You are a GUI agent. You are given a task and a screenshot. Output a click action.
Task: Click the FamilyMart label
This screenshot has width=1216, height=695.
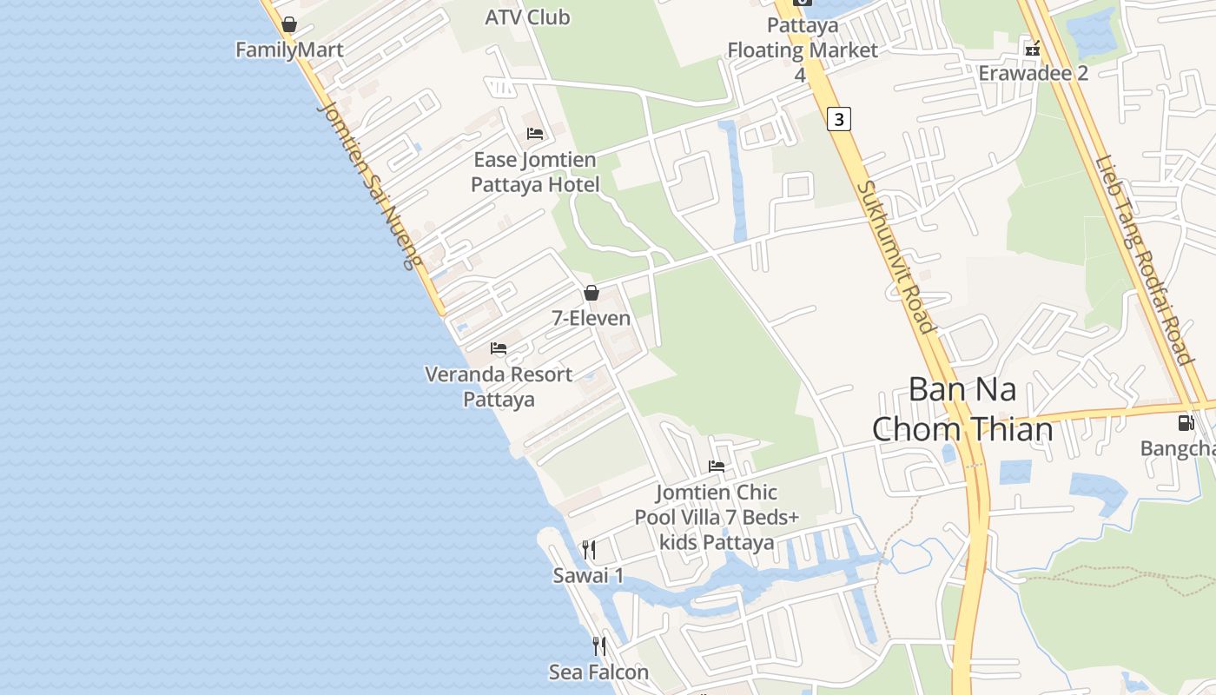pos(289,50)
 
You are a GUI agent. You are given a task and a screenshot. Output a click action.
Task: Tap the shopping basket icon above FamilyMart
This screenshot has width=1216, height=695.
pos(289,24)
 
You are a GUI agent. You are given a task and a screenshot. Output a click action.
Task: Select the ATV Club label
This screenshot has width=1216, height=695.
pos(527,17)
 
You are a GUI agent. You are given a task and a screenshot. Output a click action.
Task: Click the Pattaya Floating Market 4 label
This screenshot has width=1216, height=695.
pos(802,50)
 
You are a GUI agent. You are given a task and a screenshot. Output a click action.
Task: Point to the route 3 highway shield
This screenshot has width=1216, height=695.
pos(838,119)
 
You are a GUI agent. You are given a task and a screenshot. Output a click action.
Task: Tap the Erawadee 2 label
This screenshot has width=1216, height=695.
pos(1033,73)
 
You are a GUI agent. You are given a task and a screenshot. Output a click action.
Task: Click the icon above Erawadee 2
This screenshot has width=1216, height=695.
pos(1033,49)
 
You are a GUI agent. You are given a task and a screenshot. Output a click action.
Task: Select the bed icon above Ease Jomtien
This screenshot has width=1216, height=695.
pos(535,134)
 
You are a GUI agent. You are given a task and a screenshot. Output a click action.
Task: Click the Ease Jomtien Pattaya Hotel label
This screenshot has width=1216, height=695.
pos(535,172)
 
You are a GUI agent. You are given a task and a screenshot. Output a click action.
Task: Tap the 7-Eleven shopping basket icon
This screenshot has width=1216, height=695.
pos(591,293)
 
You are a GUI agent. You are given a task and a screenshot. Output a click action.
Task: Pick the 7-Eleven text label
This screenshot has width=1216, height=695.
pos(591,318)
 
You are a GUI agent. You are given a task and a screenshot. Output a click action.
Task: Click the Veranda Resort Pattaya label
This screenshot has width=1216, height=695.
pos(499,387)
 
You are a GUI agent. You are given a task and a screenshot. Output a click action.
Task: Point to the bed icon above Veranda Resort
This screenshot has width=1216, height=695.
pos(499,348)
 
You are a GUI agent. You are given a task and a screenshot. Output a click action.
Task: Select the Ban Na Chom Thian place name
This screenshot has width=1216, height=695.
pos(962,409)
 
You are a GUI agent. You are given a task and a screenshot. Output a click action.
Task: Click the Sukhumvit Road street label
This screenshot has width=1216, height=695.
pos(895,256)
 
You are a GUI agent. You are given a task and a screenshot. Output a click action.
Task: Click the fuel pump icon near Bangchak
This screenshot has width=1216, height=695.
pos(1186,423)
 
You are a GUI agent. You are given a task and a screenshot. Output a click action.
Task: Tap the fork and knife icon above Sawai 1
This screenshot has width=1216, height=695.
pos(589,550)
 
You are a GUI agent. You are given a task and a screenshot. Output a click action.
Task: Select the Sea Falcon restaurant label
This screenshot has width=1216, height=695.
pos(598,672)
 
